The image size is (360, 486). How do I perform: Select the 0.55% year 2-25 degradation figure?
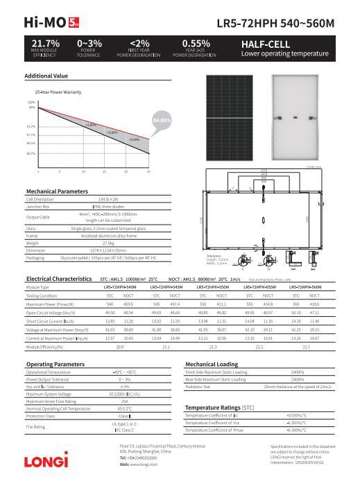tap(196, 44)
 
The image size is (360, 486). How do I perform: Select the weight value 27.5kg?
tap(108, 243)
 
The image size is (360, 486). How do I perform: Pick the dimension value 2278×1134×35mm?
tap(108, 250)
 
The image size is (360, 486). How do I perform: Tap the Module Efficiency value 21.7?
tap(306, 346)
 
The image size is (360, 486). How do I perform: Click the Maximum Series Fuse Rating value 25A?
tap(124, 401)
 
